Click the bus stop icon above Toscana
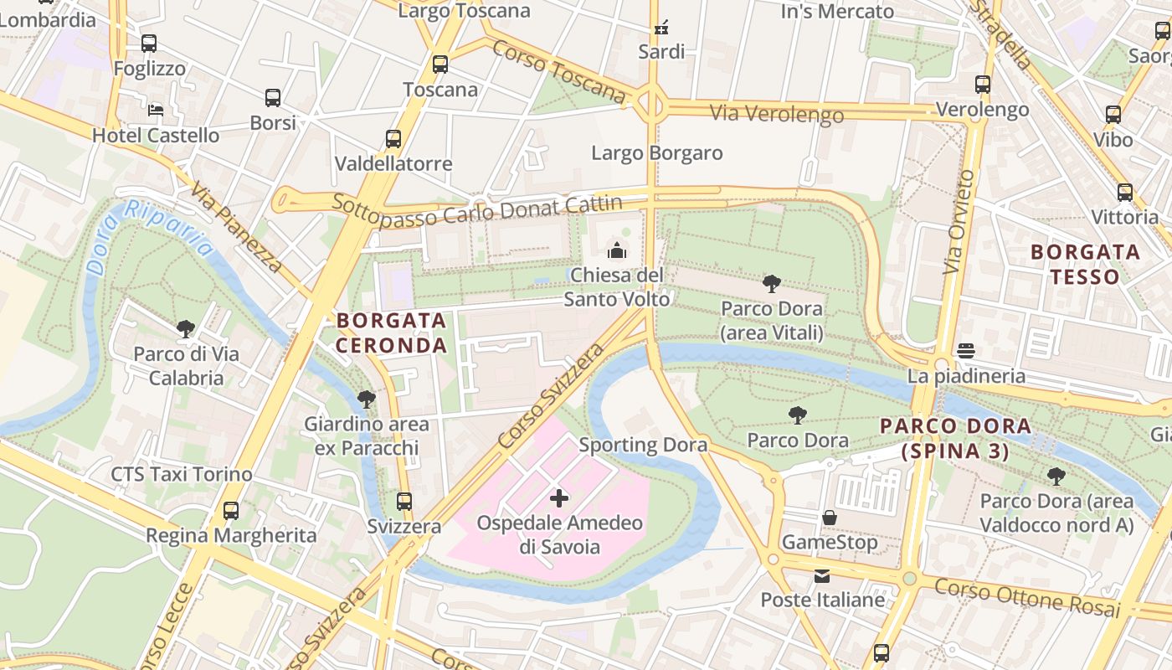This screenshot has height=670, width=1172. coord(440,64)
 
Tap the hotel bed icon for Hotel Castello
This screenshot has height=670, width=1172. coord(156,110)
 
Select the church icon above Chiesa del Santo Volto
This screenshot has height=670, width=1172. coord(617,250)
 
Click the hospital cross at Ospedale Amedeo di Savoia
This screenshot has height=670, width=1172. coord(559,498)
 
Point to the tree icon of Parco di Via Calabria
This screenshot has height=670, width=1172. coord(186,328)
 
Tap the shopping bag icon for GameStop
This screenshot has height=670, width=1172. coord(830,518)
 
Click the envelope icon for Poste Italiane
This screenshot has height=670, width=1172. coord(822,575)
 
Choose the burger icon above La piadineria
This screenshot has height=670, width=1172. coord(966,350)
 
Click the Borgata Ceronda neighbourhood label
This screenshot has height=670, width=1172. coord(392,332)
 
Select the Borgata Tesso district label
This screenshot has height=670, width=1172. coord(1085,264)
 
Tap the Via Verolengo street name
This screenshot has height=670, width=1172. coord(776,113)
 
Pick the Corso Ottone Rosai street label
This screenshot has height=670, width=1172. coord(1026,596)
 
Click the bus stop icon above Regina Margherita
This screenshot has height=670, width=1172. coord(231,510)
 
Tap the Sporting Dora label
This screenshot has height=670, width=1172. coord(643,445)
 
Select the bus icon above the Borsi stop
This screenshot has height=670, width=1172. coord(273,98)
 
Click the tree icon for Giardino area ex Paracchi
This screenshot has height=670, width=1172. coord(366,399)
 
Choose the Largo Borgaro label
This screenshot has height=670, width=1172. coord(656,153)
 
